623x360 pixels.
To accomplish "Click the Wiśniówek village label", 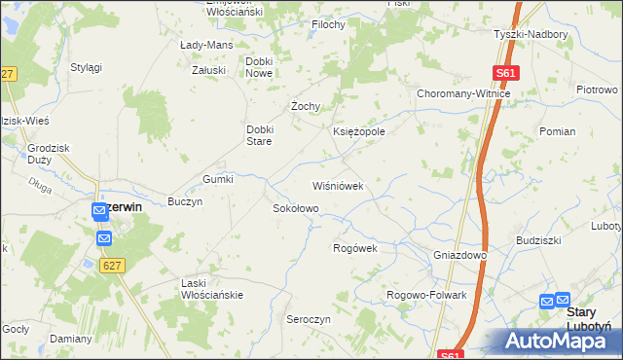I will [x=338, y=185].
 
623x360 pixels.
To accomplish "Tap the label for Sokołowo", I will [x=295, y=208].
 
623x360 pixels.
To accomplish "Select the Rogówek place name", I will [x=354, y=248].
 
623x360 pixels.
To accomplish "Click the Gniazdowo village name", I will [x=459, y=255].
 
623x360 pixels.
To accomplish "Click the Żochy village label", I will [x=307, y=106].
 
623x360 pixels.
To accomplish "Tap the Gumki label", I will [x=218, y=179].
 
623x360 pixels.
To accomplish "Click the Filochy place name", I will [x=328, y=24].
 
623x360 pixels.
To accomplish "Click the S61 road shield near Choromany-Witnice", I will [x=504, y=73].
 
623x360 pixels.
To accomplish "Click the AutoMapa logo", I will [x=562, y=341].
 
